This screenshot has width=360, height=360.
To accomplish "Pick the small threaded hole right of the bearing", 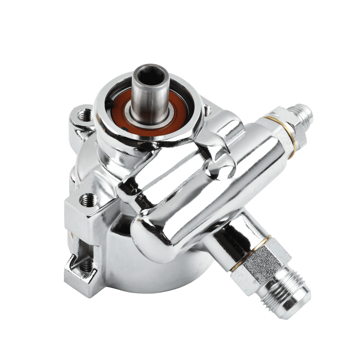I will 207,110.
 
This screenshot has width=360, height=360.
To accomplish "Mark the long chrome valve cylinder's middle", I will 207,192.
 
